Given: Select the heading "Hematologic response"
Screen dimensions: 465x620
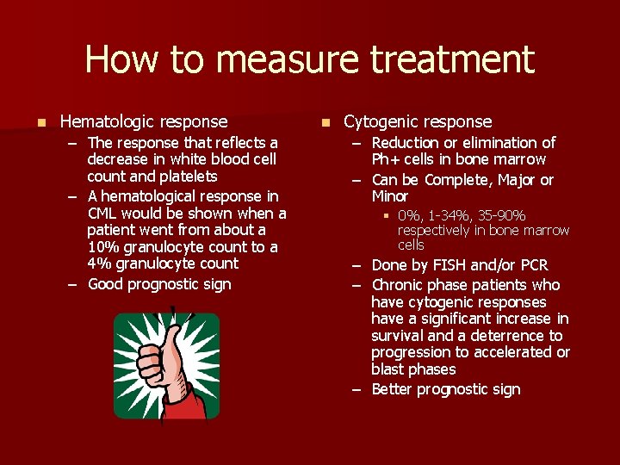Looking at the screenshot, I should [x=144, y=122].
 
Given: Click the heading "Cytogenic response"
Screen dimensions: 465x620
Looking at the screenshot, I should [x=418, y=122].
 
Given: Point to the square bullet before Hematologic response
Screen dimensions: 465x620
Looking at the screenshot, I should [x=32, y=122].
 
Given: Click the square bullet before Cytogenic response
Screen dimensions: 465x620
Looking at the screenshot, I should [x=325, y=122].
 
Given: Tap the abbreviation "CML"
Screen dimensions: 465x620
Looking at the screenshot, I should [x=103, y=214].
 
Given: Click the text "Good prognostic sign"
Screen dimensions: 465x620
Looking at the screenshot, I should [x=159, y=284].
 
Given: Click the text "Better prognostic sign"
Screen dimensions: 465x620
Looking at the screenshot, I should [x=445, y=389].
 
